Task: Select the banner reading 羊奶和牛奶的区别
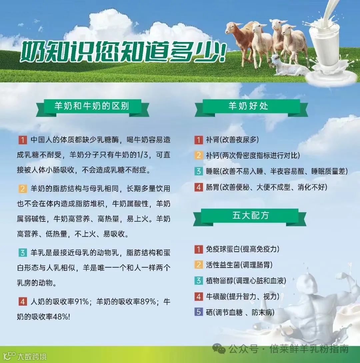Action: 92,106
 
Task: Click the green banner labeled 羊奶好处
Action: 248,106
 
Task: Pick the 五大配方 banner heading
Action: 250,215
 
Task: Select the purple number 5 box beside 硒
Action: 199,312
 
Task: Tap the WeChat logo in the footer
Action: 220,349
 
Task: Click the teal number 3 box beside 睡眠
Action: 199,171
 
